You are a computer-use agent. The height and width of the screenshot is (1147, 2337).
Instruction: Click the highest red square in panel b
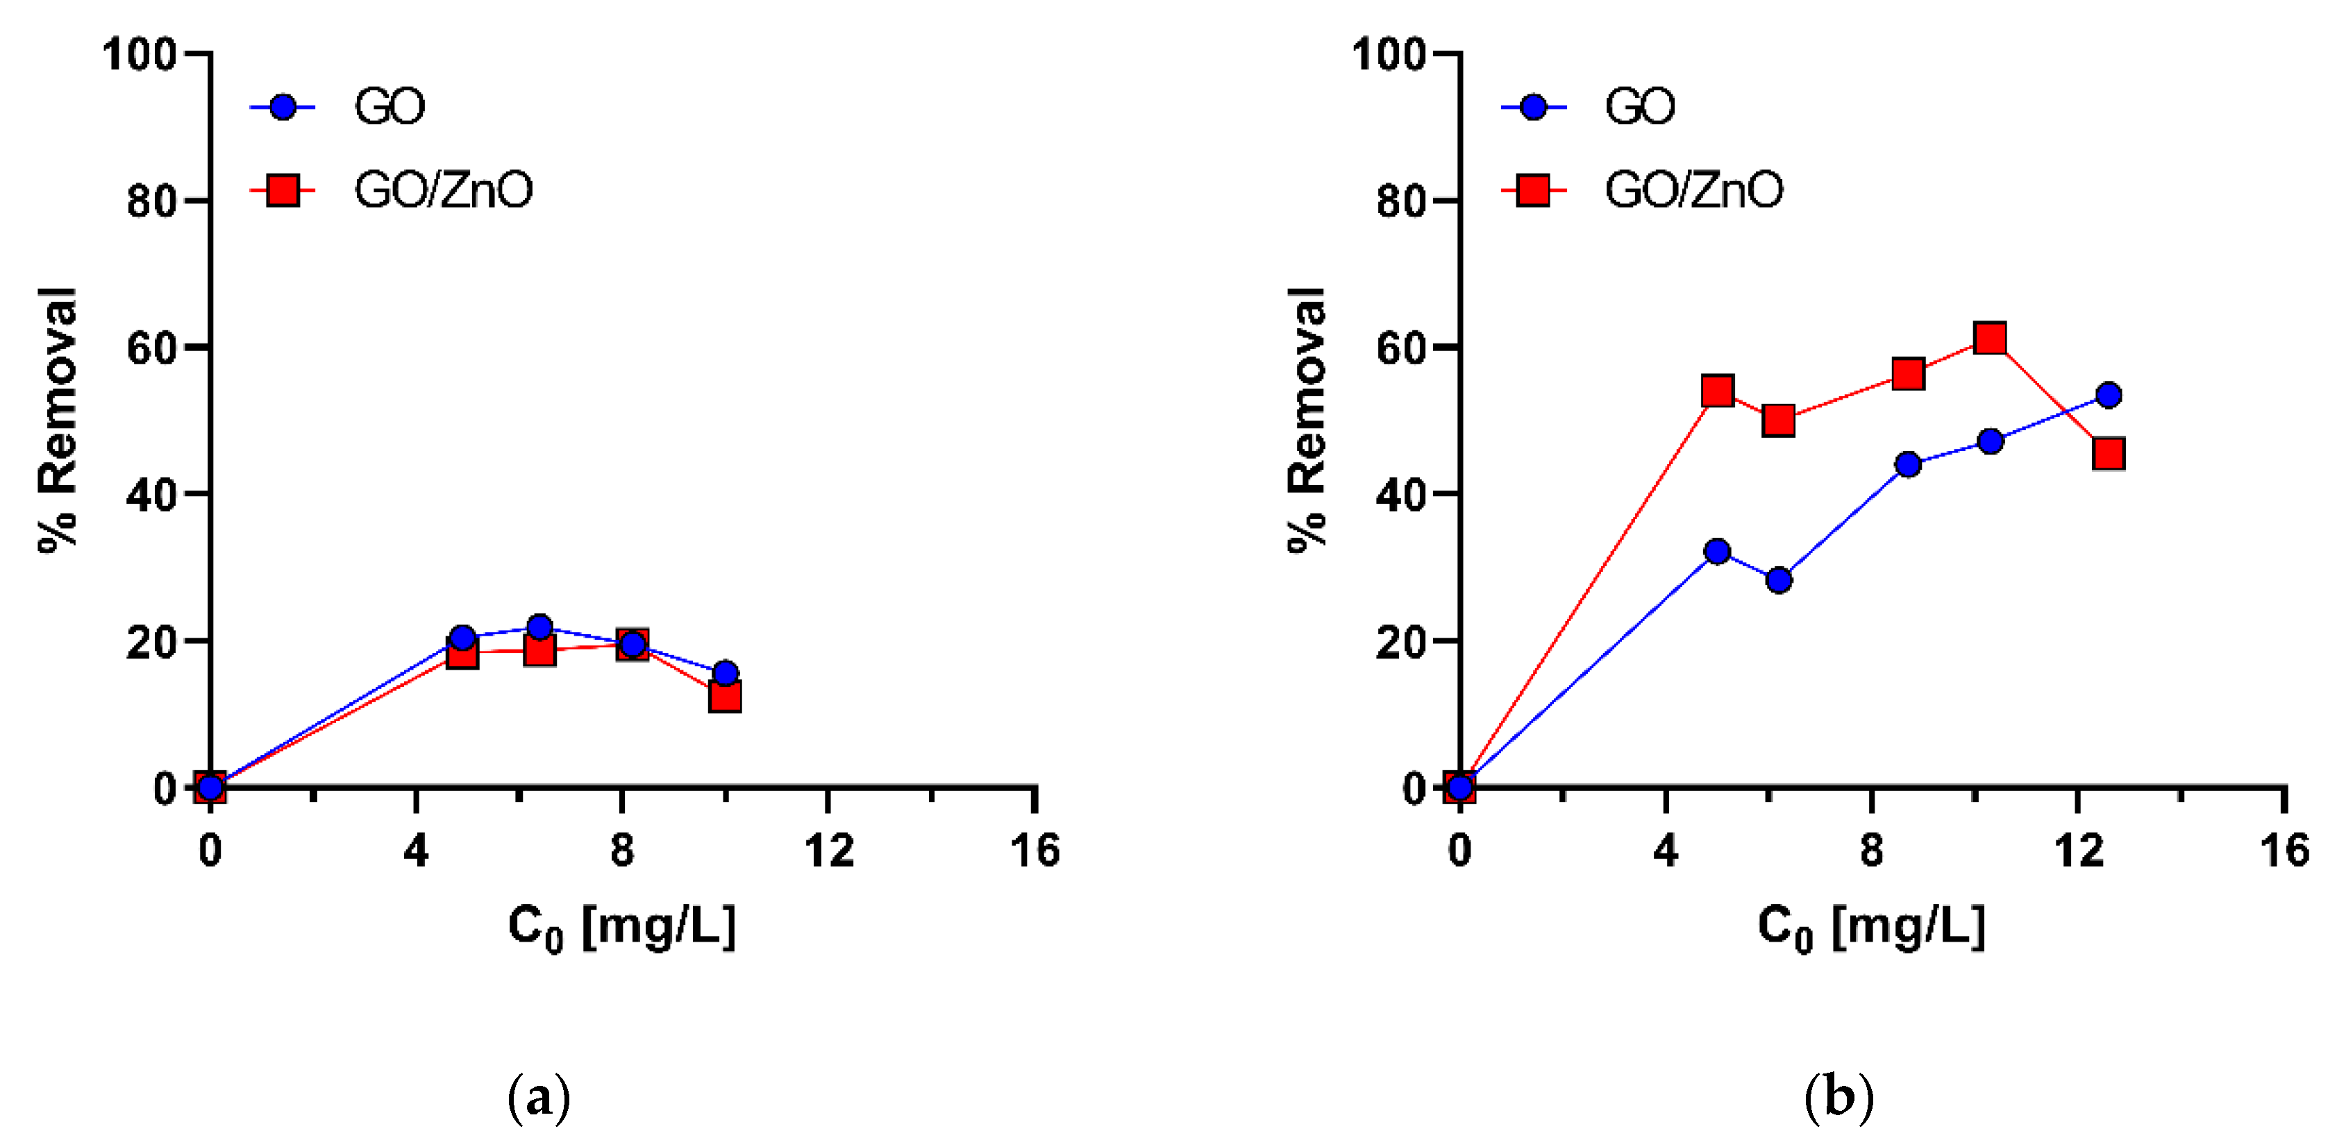[x=1990, y=338]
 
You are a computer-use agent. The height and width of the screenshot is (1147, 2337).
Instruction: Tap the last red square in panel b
[x=2109, y=453]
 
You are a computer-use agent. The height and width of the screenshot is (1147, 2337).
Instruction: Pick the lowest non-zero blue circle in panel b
[x=1779, y=579]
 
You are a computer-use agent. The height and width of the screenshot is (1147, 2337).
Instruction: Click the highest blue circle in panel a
[x=539, y=627]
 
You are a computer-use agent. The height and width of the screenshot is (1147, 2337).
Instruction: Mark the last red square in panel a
[x=725, y=697]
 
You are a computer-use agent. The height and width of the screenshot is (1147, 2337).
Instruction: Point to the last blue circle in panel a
[x=725, y=673]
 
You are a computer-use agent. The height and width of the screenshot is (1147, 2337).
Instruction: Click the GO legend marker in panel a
[x=283, y=107]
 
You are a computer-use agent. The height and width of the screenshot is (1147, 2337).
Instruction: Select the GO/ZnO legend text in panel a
[x=443, y=190]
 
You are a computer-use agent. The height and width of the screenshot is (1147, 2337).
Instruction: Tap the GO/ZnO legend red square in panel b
[x=1533, y=190]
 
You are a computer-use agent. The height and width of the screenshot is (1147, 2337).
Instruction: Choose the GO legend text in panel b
[x=1639, y=107]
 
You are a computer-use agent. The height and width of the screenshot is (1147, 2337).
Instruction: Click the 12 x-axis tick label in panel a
[x=828, y=851]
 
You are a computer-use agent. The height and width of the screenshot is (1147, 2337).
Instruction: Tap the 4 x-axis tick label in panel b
[x=1666, y=851]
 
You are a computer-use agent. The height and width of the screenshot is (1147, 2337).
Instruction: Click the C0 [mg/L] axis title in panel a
[x=621, y=928]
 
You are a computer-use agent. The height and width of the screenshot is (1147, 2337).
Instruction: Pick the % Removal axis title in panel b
[x=1307, y=419]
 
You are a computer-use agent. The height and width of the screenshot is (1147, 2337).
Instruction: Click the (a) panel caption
[x=539, y=1098]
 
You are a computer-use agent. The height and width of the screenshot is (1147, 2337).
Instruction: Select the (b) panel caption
[x=1838, y=1098]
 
